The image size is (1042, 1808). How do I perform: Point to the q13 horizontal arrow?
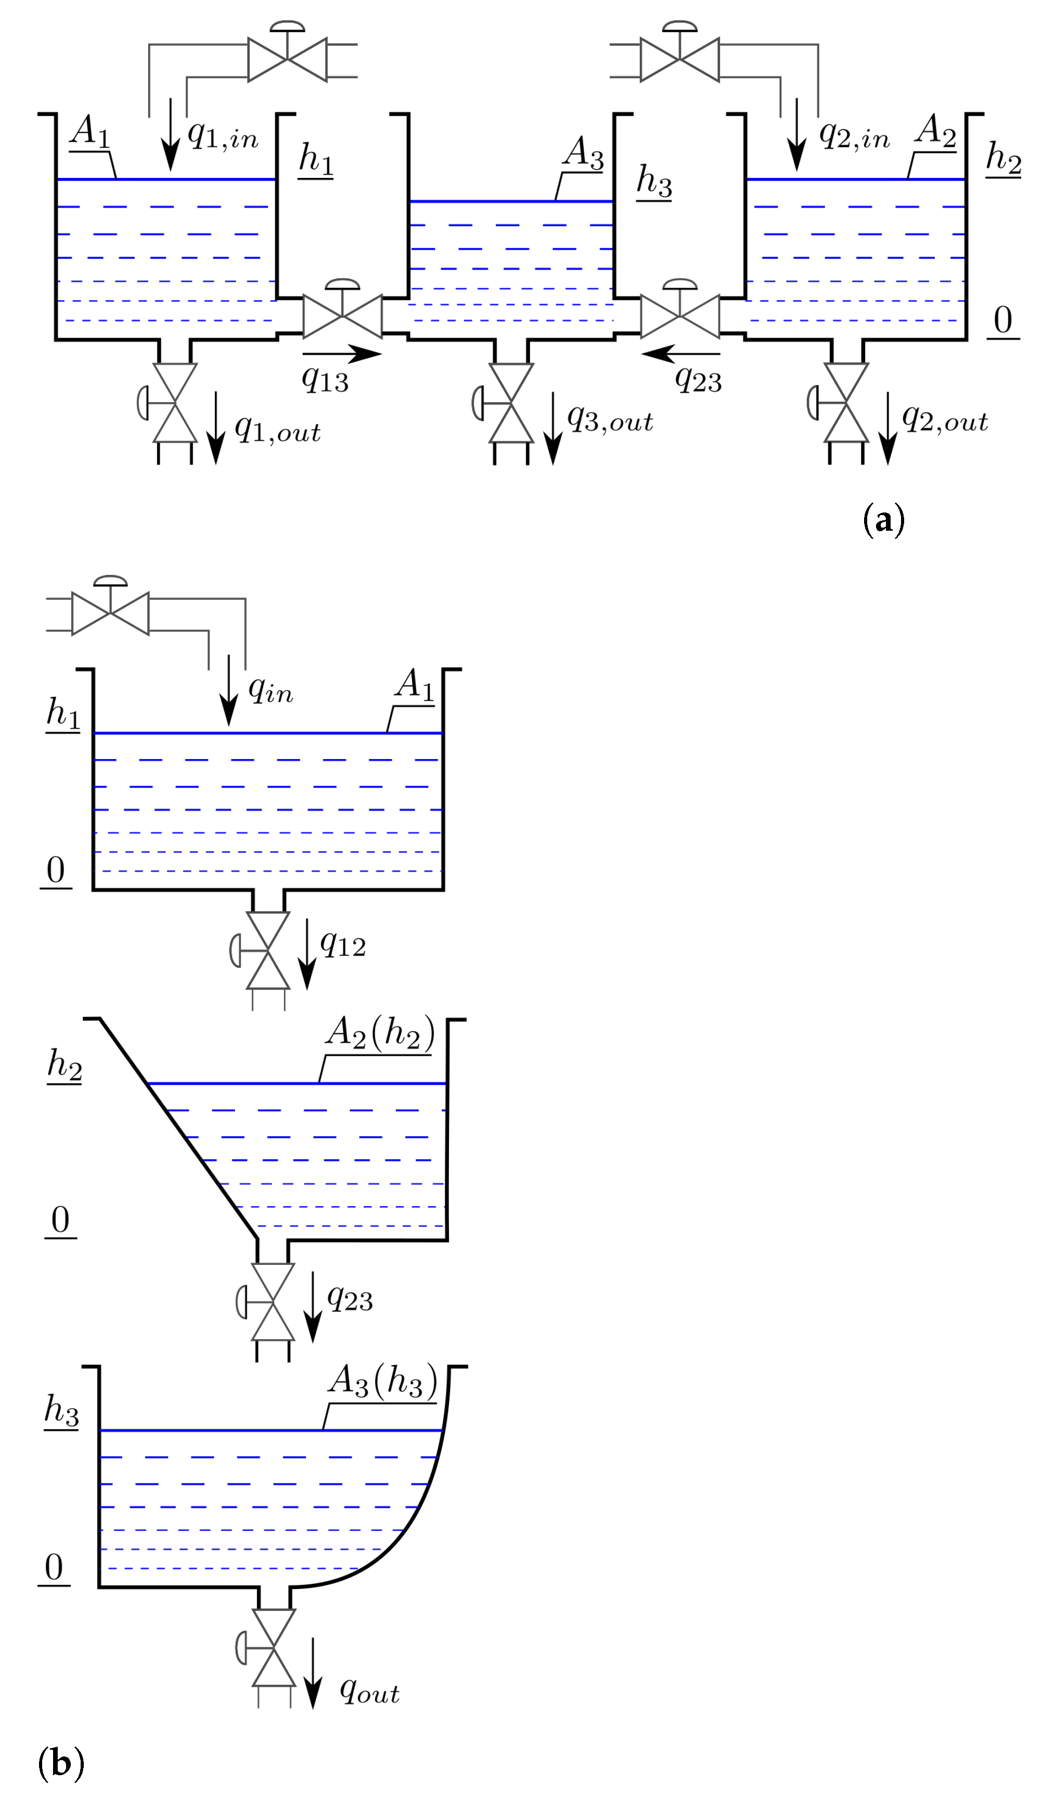point(342,354)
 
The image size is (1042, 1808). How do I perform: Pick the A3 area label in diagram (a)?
point(583,152)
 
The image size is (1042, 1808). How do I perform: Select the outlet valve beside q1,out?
point(175,404)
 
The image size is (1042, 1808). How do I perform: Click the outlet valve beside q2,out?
point(846,403)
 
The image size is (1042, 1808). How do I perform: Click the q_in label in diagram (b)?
point(270,689)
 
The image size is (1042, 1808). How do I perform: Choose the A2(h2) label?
point(380,1034)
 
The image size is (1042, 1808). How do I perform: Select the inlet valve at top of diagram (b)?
point(110,613)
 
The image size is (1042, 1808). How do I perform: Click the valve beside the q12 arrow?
point(268,951)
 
